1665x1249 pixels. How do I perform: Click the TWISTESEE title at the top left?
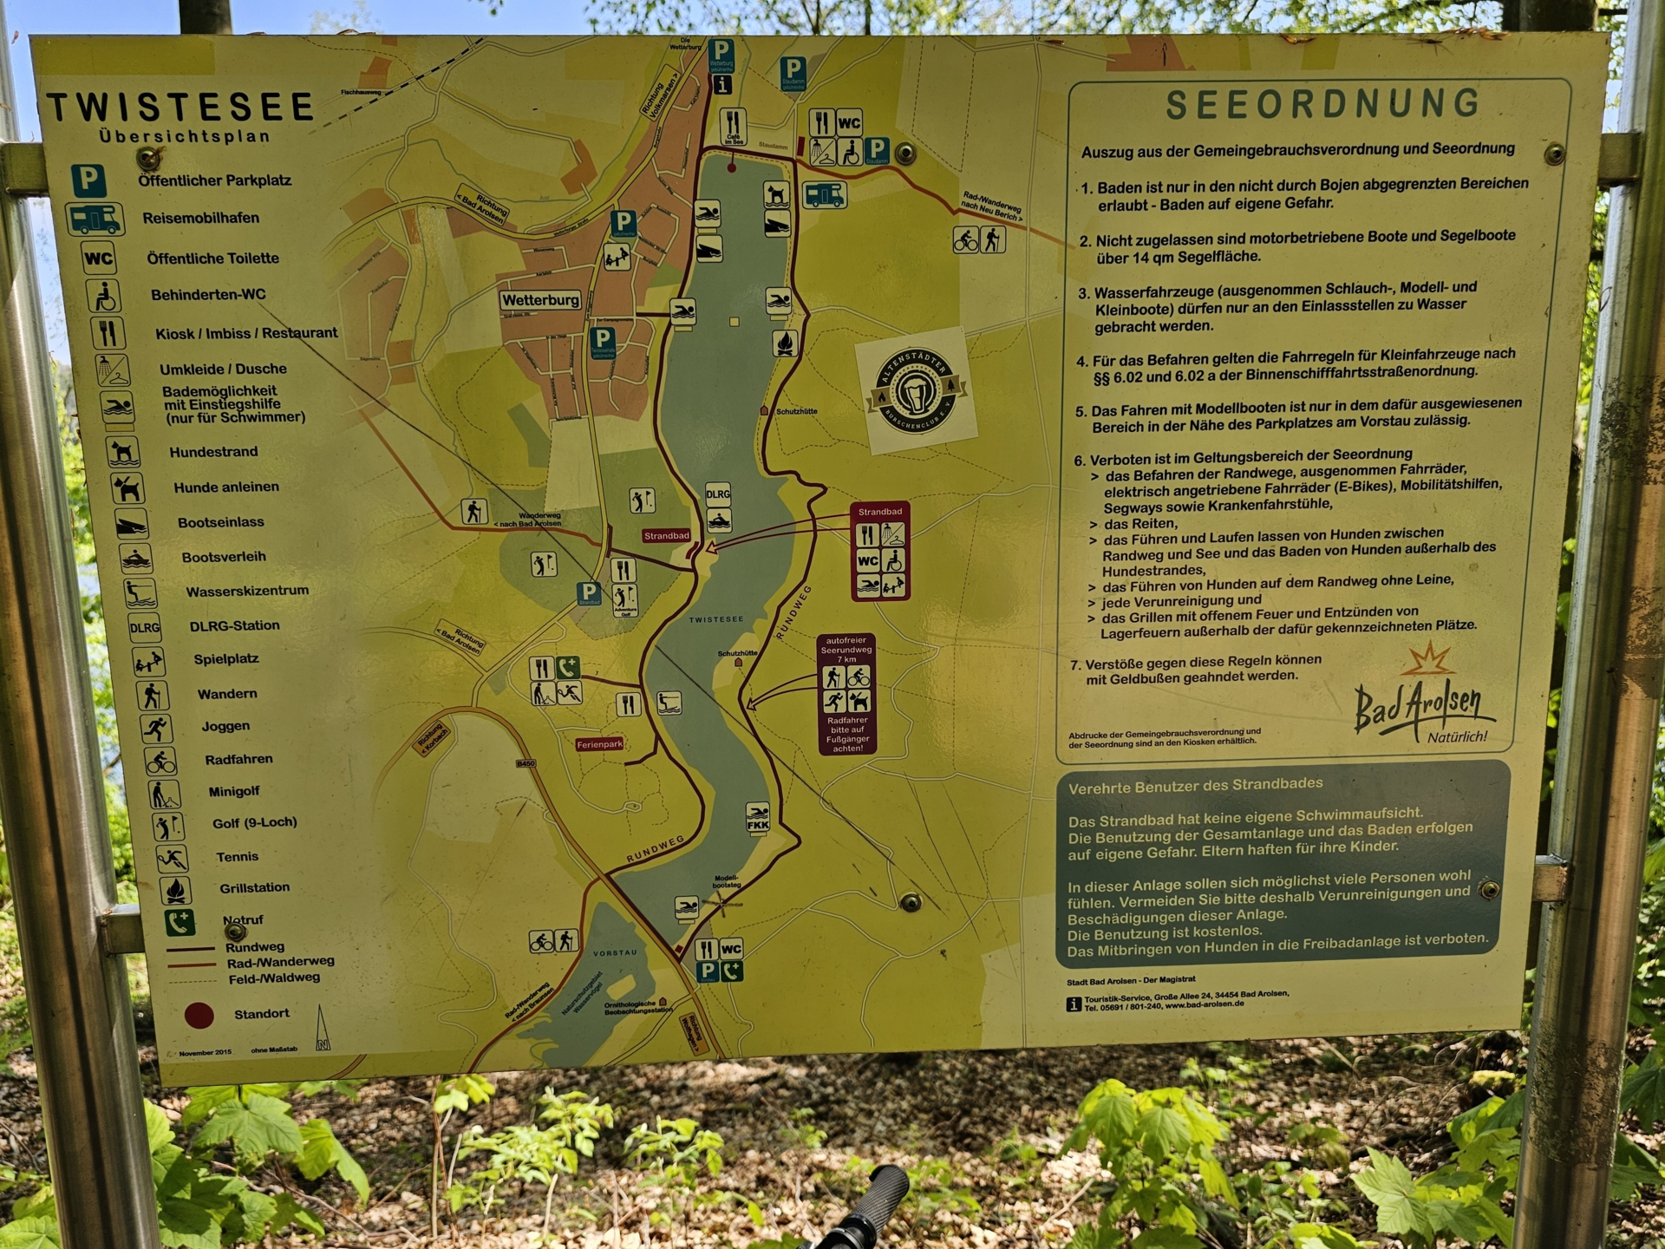[180, 108]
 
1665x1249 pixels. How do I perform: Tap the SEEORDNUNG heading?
[1322, 104]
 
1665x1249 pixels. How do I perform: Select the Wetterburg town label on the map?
[540, 300]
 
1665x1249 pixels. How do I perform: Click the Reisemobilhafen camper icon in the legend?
[95, 219]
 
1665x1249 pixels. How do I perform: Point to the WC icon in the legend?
[98, 258]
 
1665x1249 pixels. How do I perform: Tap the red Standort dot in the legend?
[199, 1015]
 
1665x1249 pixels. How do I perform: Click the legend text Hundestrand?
[213, 452]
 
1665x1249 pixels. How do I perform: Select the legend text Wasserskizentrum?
[247, 591]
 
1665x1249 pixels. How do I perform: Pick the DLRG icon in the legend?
[144, 627]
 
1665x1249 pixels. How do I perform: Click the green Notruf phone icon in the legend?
[180, 922]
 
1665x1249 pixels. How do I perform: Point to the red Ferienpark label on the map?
[599, 744]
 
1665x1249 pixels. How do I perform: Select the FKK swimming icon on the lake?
[758, 817]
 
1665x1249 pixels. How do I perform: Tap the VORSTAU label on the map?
[615, 953]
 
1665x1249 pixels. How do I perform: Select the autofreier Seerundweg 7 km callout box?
[846, 694]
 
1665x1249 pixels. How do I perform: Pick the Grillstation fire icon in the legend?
[175, 890]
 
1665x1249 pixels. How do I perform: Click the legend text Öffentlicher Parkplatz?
[214, 180]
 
